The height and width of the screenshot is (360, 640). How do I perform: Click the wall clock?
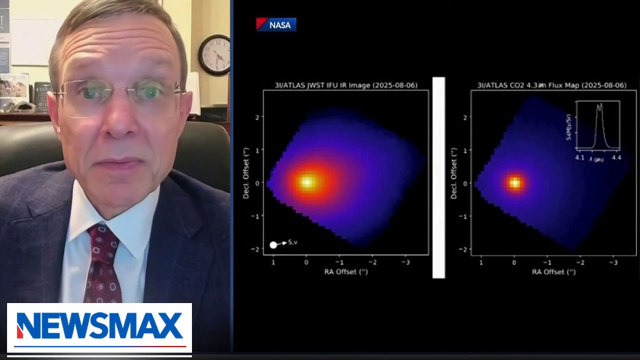pyautogui.click(x=214, y=54)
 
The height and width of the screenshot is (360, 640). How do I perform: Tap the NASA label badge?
pyautogui.click(x=276, y=24)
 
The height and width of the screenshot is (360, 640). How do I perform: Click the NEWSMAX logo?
pyautogui.click(x=99, y=326)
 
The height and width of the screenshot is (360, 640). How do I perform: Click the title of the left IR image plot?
pyautogui.click(x=345, y=85)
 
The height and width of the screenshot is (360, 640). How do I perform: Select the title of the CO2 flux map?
pyautogui.click(x=551, y=85)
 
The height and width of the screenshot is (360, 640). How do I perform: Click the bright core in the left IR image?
pyautogui.click(x=306, y=182)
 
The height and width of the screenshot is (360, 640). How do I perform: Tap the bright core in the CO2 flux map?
pyautogui.click(x=514, y=183)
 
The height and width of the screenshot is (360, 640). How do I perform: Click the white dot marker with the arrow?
pyautogui.click(x=273, y=244)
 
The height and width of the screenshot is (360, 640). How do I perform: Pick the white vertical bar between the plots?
pyautogui.click(x=438, y=177)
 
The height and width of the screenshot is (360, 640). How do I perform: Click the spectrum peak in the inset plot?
pyautogui.click(x=599, y=106)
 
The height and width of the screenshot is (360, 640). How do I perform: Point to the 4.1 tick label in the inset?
pyautogui.click(x=579, y=157)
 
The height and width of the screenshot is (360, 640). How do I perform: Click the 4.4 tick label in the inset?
pyautogui.click(x=616, y=157)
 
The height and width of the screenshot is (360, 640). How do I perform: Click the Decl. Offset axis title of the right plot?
pyautogui.click(x=453, y=173)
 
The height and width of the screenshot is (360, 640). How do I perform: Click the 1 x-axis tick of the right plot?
pyautogui.click(x=481, y=262)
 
